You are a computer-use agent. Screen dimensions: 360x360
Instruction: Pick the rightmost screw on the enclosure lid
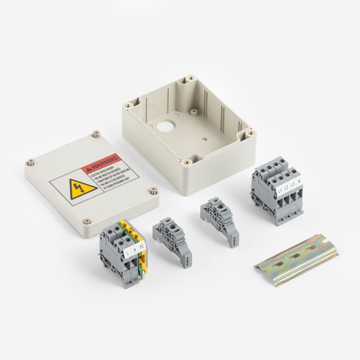point(153,188)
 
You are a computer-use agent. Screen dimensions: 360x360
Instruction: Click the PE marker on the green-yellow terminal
point(141,246)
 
